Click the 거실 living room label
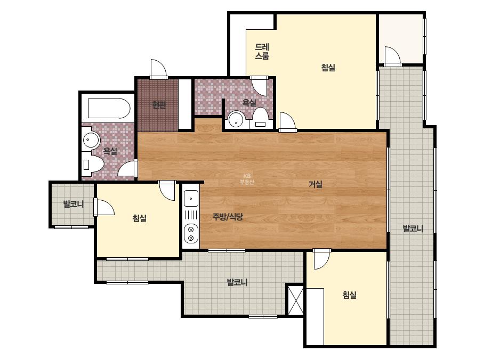click(x=316, y=184)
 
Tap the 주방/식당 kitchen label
click(x=228, y=217)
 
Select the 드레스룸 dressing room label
click(x=262, y=52)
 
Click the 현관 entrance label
click(x=159, y=105)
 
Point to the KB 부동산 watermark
click(x=247, y=179)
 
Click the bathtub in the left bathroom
click(x=109, y=109)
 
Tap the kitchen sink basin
click(x=191, y=198)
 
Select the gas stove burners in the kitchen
click(x=191, y=234)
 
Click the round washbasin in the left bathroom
click(x=91, y=140)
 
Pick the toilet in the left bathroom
click(x=93, y=164)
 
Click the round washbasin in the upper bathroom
click(x=236, y=119)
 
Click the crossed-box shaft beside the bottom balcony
click(x=296, y=300)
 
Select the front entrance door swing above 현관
click(x=158, y=69)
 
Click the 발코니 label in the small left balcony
click(x=74, y=204)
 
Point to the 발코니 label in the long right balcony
click(x=413, y=228)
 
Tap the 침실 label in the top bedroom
click(x=328, y=68)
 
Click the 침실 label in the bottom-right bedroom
click(x=349, y=295)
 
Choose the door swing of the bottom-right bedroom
click(x=322, y=259)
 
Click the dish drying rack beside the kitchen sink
click(x=191, y=215)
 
